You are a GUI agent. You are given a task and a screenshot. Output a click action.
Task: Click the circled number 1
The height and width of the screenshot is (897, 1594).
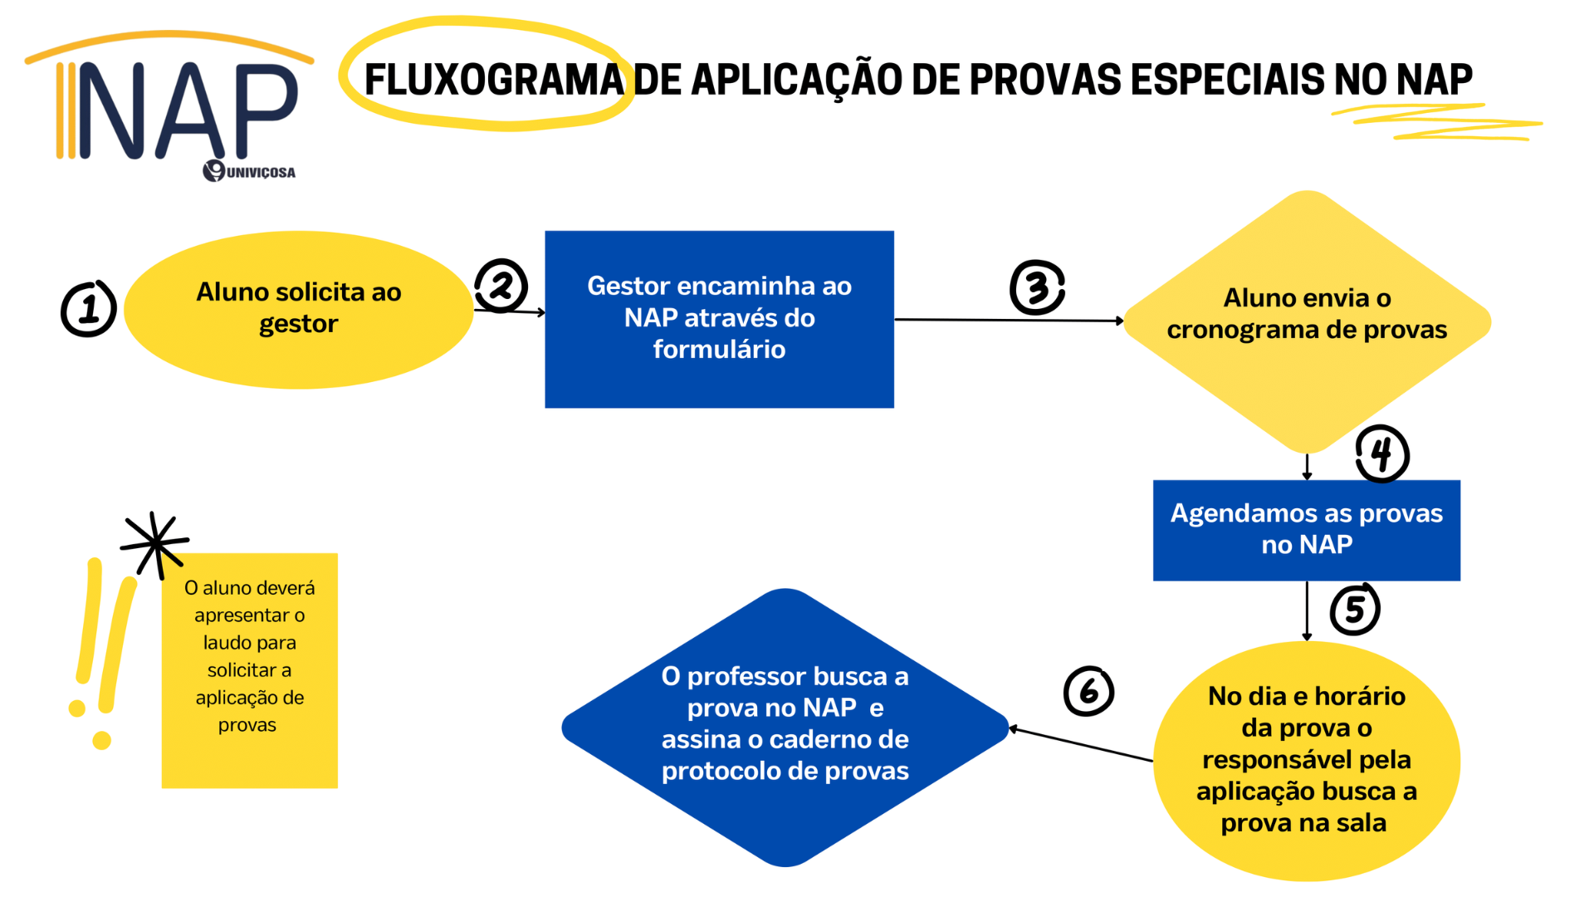pos(88,308)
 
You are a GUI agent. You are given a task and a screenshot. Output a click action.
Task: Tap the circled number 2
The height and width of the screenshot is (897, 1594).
pos(501,286)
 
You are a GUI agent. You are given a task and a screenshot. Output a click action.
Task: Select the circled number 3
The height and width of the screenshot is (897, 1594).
pos(1037,287)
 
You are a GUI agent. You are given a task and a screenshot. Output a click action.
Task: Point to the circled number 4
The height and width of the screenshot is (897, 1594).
pos(1382,453)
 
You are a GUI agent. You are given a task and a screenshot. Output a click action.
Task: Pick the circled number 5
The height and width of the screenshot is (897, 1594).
pos(1355,609)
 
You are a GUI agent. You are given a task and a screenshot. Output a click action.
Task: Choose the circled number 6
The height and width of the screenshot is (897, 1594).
pos(1088,691)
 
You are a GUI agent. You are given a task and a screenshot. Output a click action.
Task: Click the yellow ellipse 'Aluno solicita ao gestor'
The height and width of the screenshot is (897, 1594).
pos(299,309)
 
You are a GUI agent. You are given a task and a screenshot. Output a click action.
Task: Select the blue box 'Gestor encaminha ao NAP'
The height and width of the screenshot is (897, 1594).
pos(719,319)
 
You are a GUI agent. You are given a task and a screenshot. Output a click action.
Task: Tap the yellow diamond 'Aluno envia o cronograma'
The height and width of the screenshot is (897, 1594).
pos(1307,321)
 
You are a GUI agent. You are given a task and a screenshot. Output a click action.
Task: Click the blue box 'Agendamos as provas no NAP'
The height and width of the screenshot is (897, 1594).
pos(1307,530)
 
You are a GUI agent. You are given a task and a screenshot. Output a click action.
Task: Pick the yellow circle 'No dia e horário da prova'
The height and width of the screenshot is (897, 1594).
pos(1307,761)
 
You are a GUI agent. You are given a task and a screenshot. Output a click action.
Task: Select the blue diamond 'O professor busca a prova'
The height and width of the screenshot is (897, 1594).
pos(785,728)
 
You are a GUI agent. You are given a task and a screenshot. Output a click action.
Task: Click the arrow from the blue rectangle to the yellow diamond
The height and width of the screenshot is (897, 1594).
pos(1009,320)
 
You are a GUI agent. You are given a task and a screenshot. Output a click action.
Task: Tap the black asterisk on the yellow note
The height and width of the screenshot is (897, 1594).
pos(154,544)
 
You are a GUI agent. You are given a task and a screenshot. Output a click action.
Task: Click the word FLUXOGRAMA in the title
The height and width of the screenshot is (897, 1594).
pos(495,80)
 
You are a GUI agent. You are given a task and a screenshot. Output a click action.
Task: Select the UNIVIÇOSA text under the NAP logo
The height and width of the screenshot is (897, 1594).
pos(261,172)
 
